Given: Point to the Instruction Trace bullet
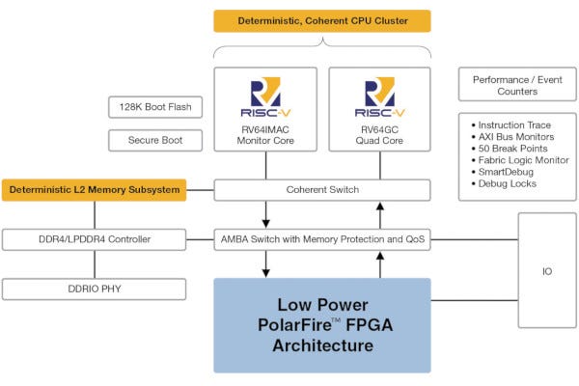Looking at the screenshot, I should coord(516,125).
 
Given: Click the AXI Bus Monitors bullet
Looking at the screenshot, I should coord(516,137).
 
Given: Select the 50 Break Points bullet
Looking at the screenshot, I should coord(513,149).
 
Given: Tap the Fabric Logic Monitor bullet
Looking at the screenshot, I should coord(521,160).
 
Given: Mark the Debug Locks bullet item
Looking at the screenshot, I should coord(508,183).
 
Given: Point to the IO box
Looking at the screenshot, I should coord(547,272).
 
